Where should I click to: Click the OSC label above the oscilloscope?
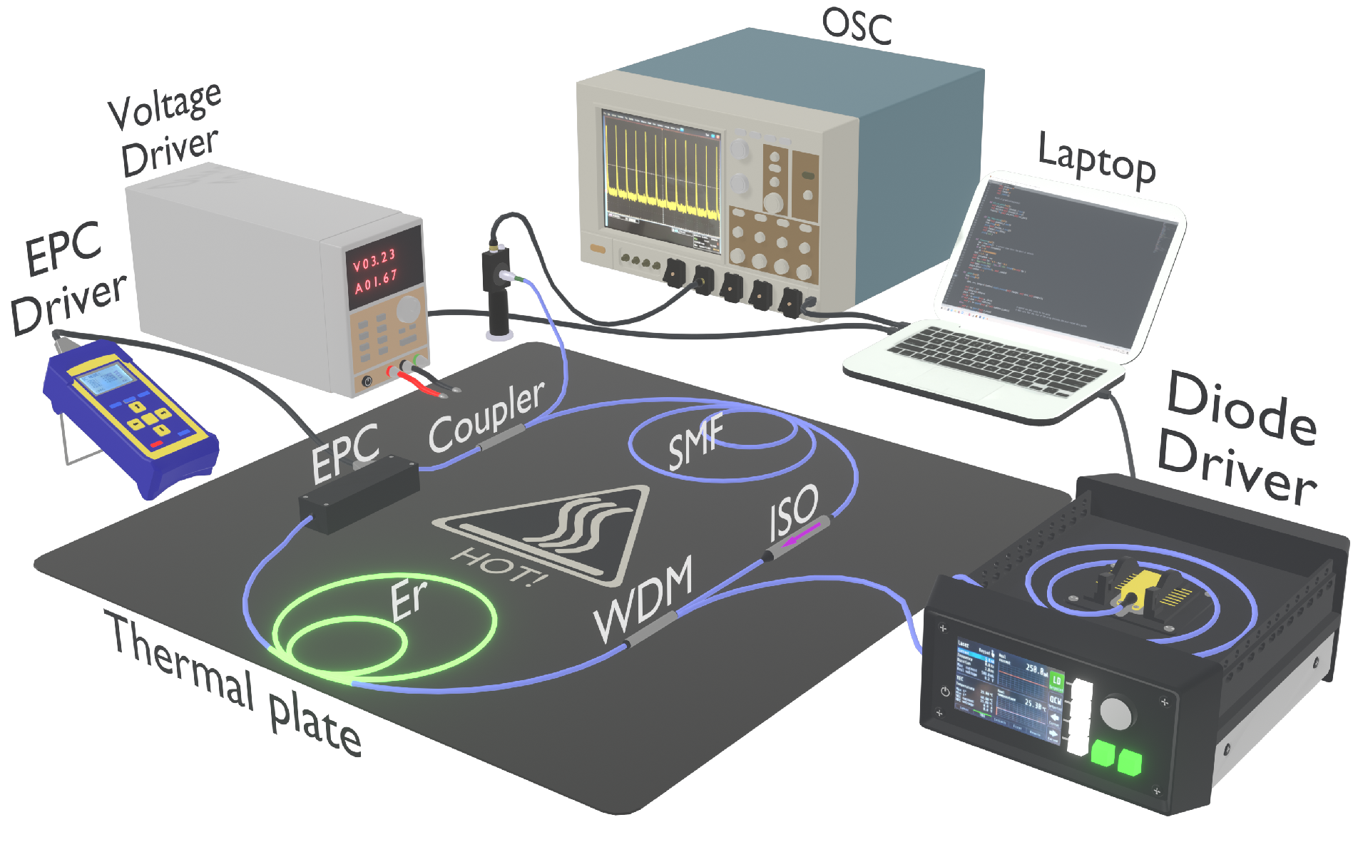[857, 26]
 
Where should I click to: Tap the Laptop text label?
[1096, 161]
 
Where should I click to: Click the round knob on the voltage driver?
[409, 309]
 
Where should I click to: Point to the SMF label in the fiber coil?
[695, 442]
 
